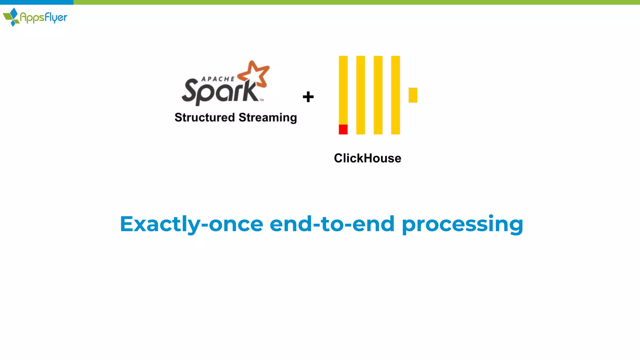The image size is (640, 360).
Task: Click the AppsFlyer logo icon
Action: click(12, 17)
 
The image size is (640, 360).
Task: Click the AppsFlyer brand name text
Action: click(43, 17)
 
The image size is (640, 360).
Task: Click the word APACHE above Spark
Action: click(218, 79)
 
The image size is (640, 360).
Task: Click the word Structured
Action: click(205, 117)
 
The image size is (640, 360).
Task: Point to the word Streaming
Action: click(268, 118)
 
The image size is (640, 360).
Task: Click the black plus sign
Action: click(308, 97)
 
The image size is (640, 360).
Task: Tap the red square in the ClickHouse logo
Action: click(343, 129)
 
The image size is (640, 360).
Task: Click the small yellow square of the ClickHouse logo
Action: click(413, 95)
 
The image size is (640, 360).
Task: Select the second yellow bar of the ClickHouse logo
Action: click(361, 95)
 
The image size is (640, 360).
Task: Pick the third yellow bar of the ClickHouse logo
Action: click(378, 95)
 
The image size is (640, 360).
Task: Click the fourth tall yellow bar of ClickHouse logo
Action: click(396, 95)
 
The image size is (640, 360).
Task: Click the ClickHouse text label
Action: click(367, 158)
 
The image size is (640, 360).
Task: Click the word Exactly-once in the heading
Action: click(192, 224)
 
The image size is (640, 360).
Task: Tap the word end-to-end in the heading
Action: click(332, 224)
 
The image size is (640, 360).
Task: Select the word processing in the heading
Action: click(462, 224)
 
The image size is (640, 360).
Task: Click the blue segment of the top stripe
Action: click(37, 2)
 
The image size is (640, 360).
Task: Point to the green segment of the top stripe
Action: click(356, 2)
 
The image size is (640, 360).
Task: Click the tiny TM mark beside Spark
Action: click(262, 100)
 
